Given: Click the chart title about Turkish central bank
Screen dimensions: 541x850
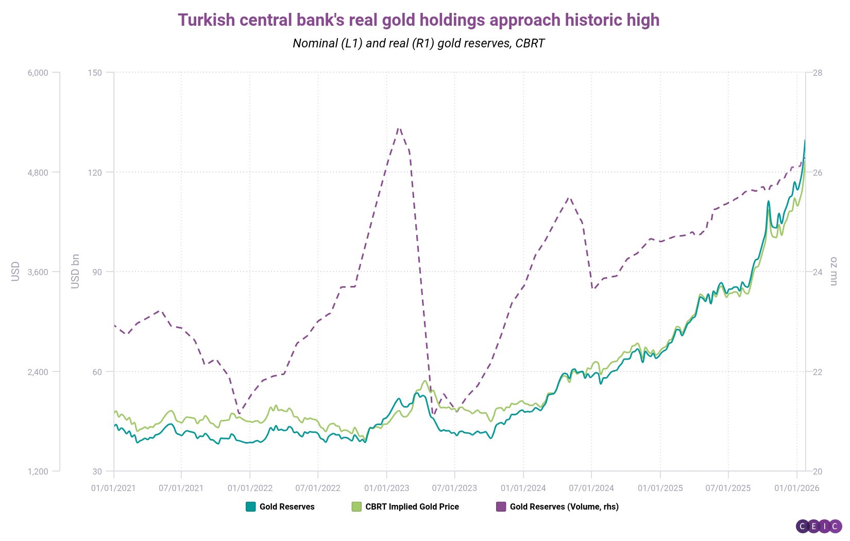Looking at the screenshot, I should point(418,20).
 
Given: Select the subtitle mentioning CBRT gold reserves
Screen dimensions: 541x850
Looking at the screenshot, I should point(418,43).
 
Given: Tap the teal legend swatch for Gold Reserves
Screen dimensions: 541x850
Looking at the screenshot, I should point(251,506).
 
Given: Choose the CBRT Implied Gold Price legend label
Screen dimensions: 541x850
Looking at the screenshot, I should point(412,506).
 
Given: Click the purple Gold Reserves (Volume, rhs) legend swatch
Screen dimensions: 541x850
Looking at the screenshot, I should point(501,506).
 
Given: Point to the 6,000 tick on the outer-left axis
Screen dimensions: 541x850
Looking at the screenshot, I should point(38,73).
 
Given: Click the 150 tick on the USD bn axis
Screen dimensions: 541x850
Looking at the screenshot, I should point(95,73).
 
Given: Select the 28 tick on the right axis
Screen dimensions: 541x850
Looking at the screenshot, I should point(818,73).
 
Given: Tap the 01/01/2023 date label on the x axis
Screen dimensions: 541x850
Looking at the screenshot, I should point(386,488).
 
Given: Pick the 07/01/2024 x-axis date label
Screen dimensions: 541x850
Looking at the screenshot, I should point(591,488).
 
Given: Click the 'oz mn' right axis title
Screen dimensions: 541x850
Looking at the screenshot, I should point(834,271).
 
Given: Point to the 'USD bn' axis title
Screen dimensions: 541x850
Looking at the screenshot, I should point(76,271).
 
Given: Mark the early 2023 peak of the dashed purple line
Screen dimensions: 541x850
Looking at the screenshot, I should point(399,127).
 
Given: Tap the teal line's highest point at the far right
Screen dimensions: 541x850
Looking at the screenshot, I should point(805,140).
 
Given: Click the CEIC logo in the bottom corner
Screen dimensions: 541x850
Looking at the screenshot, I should point(819,526).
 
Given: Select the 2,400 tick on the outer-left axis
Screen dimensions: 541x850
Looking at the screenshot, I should point(38,371).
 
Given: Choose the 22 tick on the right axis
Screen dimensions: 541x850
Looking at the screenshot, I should point(818,371).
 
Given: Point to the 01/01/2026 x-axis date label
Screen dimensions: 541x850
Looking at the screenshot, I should point(796,488).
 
